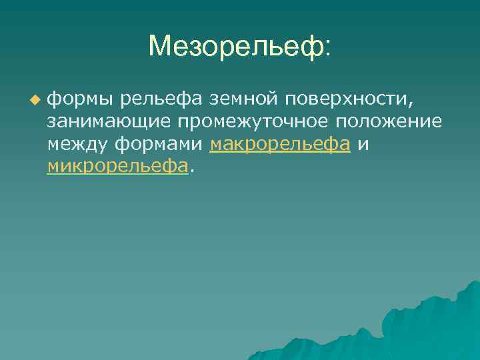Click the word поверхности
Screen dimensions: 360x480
[347, 101]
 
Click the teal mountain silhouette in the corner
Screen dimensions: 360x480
[427, 327]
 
